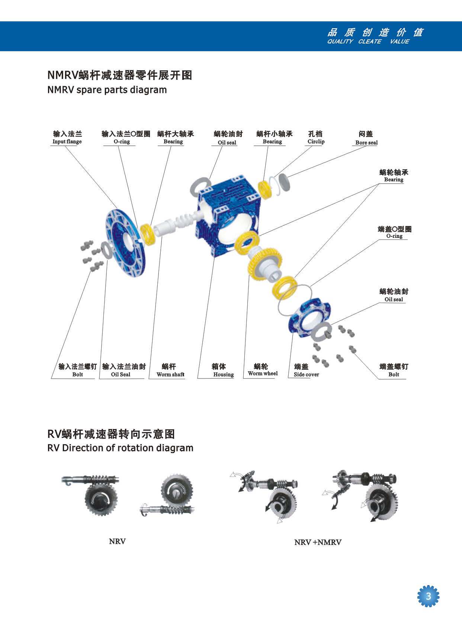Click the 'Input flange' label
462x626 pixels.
[x=67, y=142]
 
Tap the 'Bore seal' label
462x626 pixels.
[x=366, y=142]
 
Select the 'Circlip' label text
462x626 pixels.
[x=316, y=142]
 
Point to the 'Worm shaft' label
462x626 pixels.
[x=170, y=374]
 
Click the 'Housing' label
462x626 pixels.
[x=223, y=374]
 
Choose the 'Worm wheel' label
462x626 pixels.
[x=263, y=374]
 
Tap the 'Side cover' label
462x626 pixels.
[x=306, y=374]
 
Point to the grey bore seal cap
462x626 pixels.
[x=285, y=183]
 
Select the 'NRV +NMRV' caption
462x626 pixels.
[x=318, y=542]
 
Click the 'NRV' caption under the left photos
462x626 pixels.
[x=117, y=541]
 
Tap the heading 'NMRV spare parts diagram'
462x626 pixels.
[x=107, y=90]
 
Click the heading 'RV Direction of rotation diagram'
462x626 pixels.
[x=120, y=448]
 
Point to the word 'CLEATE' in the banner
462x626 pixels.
[x=369, y=42]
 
